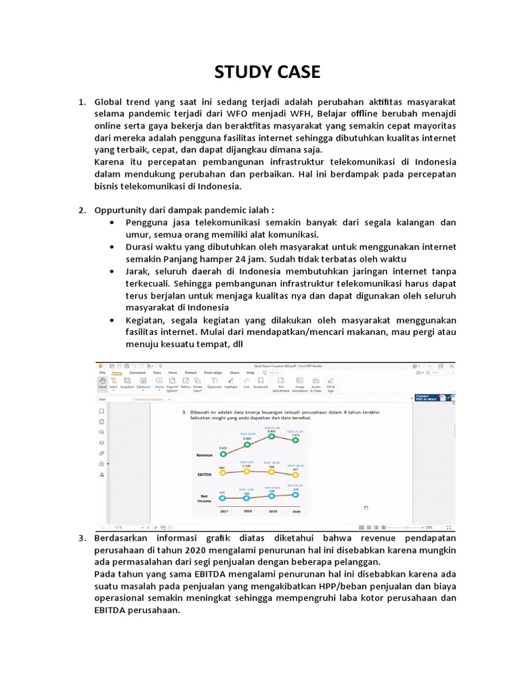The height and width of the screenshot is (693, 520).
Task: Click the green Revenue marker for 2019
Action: click(271, 437)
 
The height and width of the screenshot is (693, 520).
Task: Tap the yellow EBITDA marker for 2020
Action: click(296, 474)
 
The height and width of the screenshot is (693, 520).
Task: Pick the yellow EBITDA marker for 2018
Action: click(247, 472)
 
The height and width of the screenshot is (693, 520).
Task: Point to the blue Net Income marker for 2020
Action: click(296, 494)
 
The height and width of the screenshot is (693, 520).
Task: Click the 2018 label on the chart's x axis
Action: click(247, 512)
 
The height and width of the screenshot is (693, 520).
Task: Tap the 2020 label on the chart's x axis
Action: click(296, 512)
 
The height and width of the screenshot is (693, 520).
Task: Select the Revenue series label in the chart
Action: click(204, 455)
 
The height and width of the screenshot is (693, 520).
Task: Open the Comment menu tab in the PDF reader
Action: click(137, 372)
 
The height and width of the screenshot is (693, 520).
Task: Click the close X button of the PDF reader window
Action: click(451, 365)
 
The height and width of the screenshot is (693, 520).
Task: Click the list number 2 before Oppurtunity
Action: click(81, 210)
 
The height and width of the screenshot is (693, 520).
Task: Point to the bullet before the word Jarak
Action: click(110, 271)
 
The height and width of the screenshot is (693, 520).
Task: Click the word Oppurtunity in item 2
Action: click(121, 210)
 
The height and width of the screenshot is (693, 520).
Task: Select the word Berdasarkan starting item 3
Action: click(123, 538)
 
